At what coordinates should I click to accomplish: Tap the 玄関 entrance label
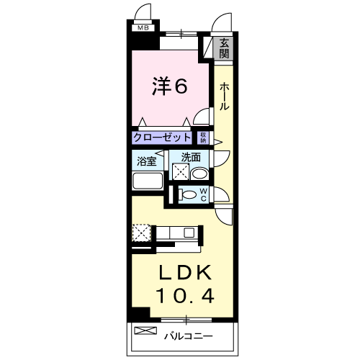(x=225, y=48)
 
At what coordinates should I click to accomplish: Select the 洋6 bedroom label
(x=169, y=86)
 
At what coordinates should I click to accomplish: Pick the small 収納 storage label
(x=204, y=138)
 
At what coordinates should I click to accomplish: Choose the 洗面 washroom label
(x=190, y=157)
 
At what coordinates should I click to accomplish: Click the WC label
(x=203, y=194)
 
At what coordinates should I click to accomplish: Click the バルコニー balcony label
(x=187, y=336)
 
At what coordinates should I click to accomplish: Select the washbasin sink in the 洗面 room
(x=200, y=174)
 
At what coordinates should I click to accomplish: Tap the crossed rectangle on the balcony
(x=145, y=332)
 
